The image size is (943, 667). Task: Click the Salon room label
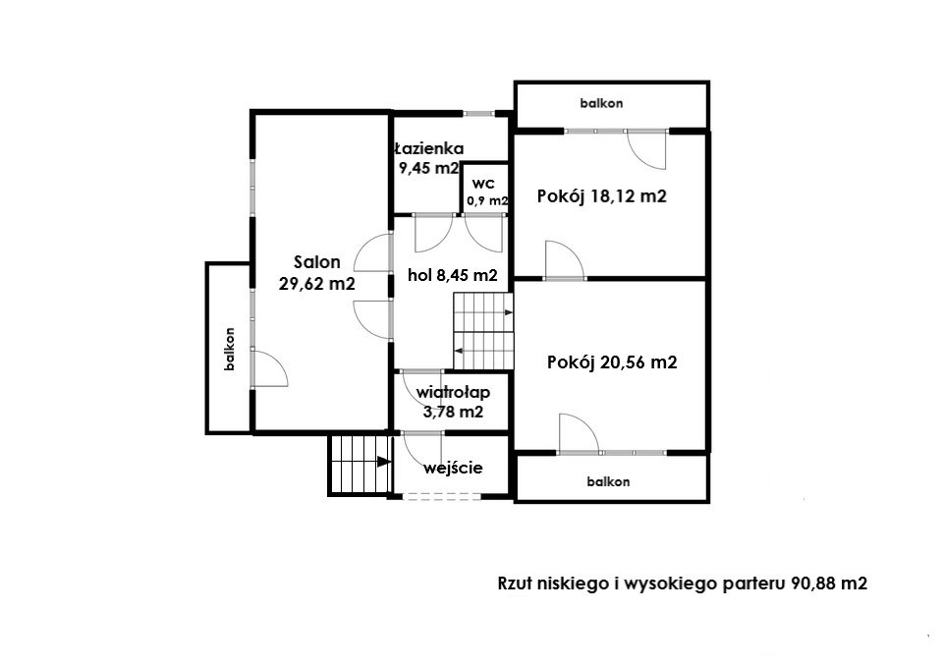pos(317,262)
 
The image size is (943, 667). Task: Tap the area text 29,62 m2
pos(317,283)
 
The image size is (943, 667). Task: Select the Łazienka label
pos(429,148)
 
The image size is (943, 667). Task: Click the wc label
pos(483,184)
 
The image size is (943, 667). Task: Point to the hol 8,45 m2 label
pos(452,275)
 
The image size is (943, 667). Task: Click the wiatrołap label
pos(453,393)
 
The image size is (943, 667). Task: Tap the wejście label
pos(453,468)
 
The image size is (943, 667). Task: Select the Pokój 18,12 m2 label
pos(602,196)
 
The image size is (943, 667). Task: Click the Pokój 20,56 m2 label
pos(612,362)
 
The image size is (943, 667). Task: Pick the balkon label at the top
pos(601,103)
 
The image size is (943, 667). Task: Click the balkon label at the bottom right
pos(609,481)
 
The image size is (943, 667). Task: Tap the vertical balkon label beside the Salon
pos(229,349)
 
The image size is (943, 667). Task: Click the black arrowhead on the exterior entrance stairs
pos(383,462)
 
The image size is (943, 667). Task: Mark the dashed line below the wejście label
pos(441,497)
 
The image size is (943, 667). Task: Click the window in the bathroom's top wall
pos(478,113)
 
